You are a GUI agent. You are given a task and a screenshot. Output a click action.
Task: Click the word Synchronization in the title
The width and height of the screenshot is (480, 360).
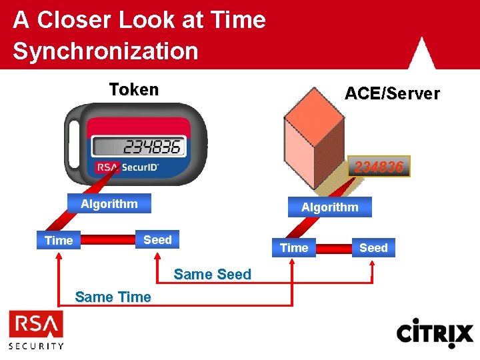coord(105,51)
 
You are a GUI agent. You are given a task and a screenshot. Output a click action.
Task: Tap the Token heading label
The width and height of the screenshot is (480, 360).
coord(134,89)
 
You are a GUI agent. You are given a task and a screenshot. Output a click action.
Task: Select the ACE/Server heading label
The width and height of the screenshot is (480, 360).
coord(391,94)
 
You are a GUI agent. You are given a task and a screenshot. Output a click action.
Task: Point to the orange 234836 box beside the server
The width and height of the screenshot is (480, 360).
coord(379,167)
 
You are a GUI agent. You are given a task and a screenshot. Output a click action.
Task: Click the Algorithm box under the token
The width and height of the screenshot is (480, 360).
coord(109,203)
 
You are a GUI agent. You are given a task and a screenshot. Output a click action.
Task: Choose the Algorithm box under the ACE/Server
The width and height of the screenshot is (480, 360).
coord(329,207)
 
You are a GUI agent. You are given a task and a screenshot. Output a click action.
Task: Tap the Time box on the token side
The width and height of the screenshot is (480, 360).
coord(59,240)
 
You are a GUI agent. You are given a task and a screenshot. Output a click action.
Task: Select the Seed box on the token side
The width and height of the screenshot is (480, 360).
coord(157,239)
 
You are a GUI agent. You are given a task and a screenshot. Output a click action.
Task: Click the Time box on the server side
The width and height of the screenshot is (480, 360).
coord(294,248)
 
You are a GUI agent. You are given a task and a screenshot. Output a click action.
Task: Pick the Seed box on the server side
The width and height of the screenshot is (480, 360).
coord(373,248)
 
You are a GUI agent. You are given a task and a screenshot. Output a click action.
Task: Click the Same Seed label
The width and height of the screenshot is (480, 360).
coord(212,274)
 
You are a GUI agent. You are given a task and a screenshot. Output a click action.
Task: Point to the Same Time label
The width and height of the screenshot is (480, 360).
coord(113,297)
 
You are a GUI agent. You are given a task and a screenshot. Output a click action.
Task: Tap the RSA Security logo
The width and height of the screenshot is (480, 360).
coord(36,330)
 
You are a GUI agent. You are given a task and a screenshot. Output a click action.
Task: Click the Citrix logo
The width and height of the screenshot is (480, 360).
coord(435,333)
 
